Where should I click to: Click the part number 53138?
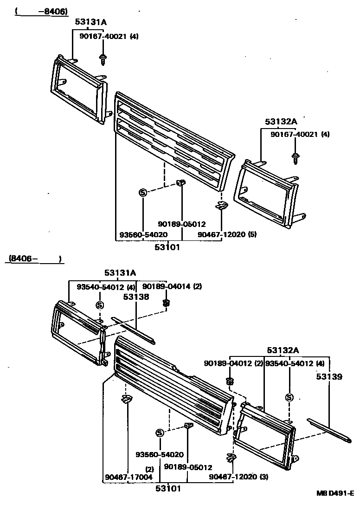[x=136, y=297]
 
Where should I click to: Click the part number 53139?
[x=329, y=377]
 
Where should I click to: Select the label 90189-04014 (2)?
[x=172, y=286]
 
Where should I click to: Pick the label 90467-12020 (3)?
[x=238, y=477]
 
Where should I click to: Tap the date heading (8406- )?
[x=34, y=259]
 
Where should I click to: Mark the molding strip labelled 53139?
[x=330, y=429]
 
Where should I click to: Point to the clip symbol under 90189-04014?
[x=166, y=304]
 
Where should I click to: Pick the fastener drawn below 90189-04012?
[x=229, y=381]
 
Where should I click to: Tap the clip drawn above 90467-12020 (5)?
[x=222, y=206]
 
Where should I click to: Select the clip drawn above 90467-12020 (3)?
[x=230, y=458]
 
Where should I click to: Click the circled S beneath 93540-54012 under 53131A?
[x=99, y=305]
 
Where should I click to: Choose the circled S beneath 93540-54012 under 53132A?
[x=289, y=397]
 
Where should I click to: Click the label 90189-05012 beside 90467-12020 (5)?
[x=181, y=224]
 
